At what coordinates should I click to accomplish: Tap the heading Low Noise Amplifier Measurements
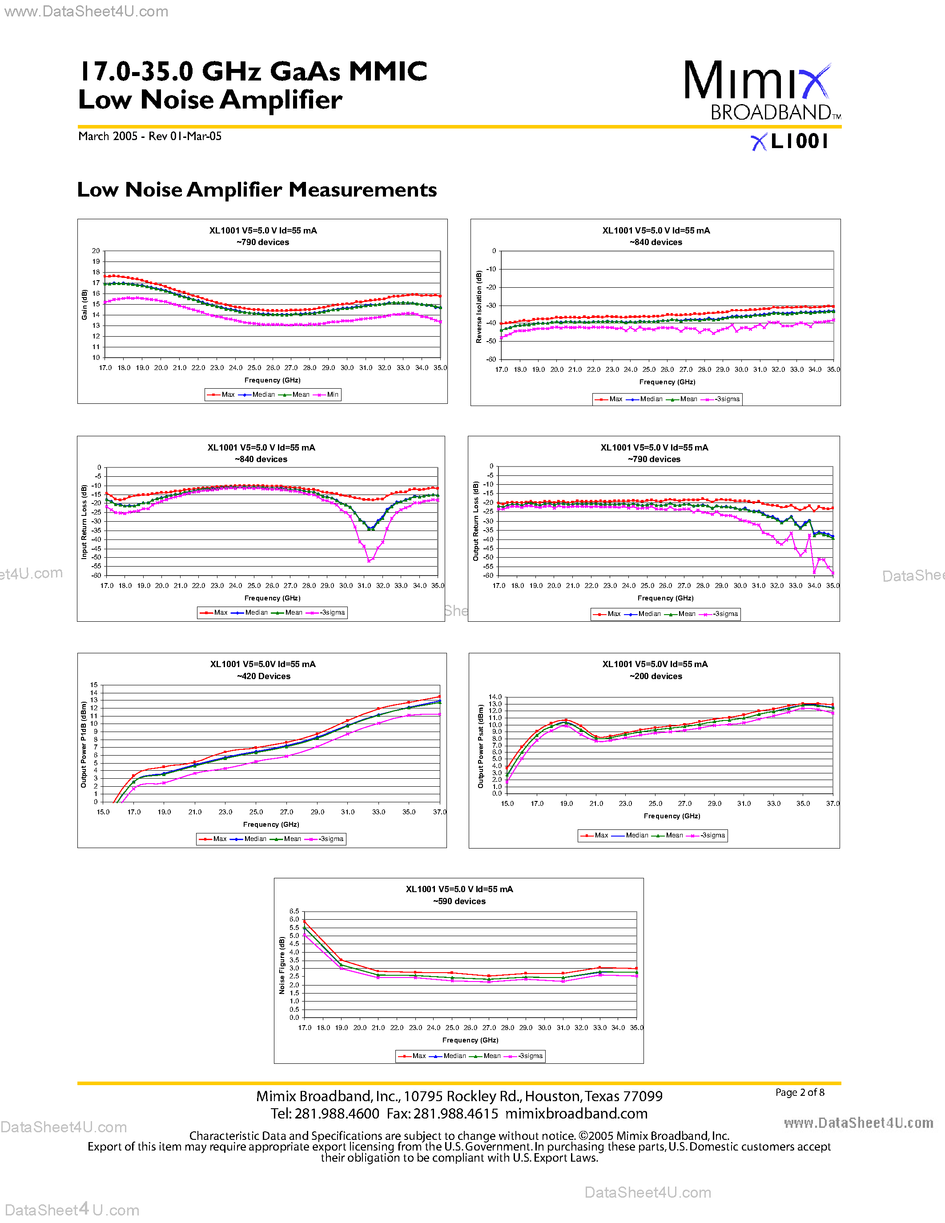(257, 190)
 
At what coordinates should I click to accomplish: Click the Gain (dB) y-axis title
(84, 305)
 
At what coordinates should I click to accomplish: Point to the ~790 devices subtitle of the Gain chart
(262, 242)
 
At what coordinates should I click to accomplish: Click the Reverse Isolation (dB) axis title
(479, 307)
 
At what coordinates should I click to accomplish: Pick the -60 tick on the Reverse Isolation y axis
(491, 359)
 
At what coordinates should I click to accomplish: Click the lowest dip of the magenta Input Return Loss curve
(368, 560)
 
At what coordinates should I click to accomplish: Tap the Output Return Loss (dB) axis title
(476, 521)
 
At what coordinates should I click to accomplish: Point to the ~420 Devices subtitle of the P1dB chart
(263, 676)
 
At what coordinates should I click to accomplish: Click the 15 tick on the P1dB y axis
(93, 685)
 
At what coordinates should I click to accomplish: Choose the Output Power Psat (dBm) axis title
(480, 746)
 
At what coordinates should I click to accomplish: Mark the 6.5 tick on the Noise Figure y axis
(294, 912)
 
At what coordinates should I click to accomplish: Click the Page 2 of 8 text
(800, 1093)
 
